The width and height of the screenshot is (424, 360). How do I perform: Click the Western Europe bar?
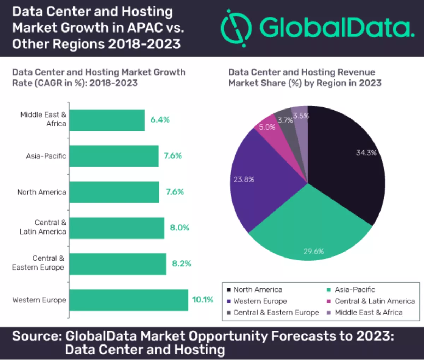(x=129, y=300)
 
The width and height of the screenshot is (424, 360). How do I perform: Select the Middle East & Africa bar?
(x=107, y=120)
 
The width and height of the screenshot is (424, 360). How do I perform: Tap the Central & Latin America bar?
(x=117, y=228)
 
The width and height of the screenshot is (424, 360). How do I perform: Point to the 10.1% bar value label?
(x=203, y=300)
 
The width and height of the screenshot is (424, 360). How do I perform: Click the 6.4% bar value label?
(x=160, y=120)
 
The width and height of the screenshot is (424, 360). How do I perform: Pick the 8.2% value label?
(x=182, y=264)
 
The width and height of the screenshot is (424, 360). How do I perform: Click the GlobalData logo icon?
(x=236, y=28)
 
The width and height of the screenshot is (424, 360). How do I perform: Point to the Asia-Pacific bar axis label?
(x=46, y=156)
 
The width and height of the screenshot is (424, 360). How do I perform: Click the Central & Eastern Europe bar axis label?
(x=38, y=263)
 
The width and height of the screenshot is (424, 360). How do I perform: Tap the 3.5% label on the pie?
(x=301, y=116)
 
